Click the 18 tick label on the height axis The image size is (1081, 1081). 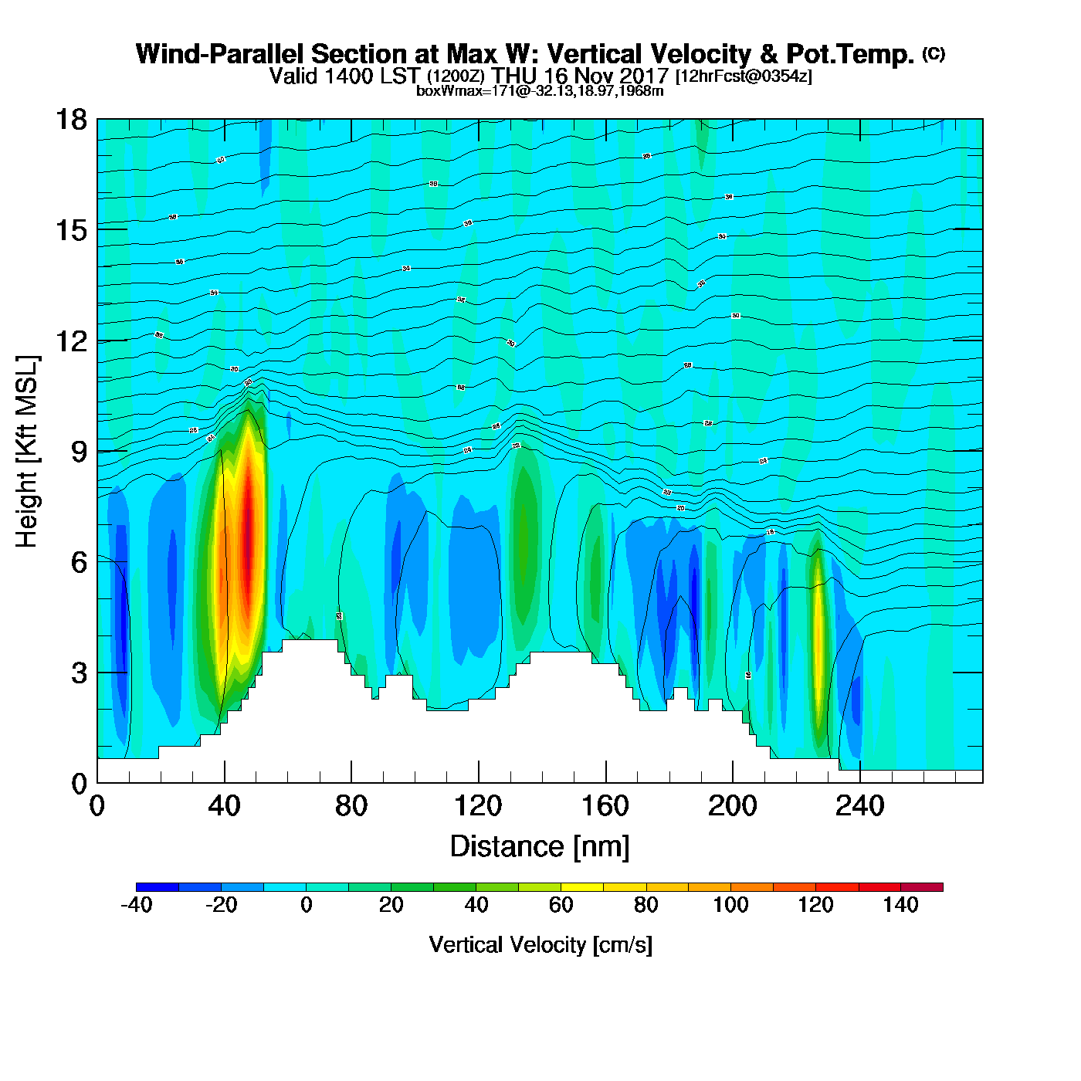(x=70, y=120)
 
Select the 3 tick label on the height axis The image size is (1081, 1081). (x=79, y=673)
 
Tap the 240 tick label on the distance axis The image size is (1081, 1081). (x=859, y=806)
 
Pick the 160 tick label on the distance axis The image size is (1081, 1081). (x=605, y=806)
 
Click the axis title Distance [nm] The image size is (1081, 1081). (x=540, y=847)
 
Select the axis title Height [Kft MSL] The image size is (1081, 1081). (x=27, y=452)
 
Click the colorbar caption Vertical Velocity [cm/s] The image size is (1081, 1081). (x=540, y=944)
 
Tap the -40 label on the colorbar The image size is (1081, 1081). (x=137, y=906)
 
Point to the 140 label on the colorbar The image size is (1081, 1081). (x=900, y=906)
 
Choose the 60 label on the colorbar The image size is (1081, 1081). (x=561, y=906)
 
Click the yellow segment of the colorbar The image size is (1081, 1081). (x=582, y=887)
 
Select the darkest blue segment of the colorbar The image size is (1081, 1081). (x=158, y=887)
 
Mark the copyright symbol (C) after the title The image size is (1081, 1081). (x=934, y=53)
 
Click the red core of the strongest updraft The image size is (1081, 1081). (x=248, y=525)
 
